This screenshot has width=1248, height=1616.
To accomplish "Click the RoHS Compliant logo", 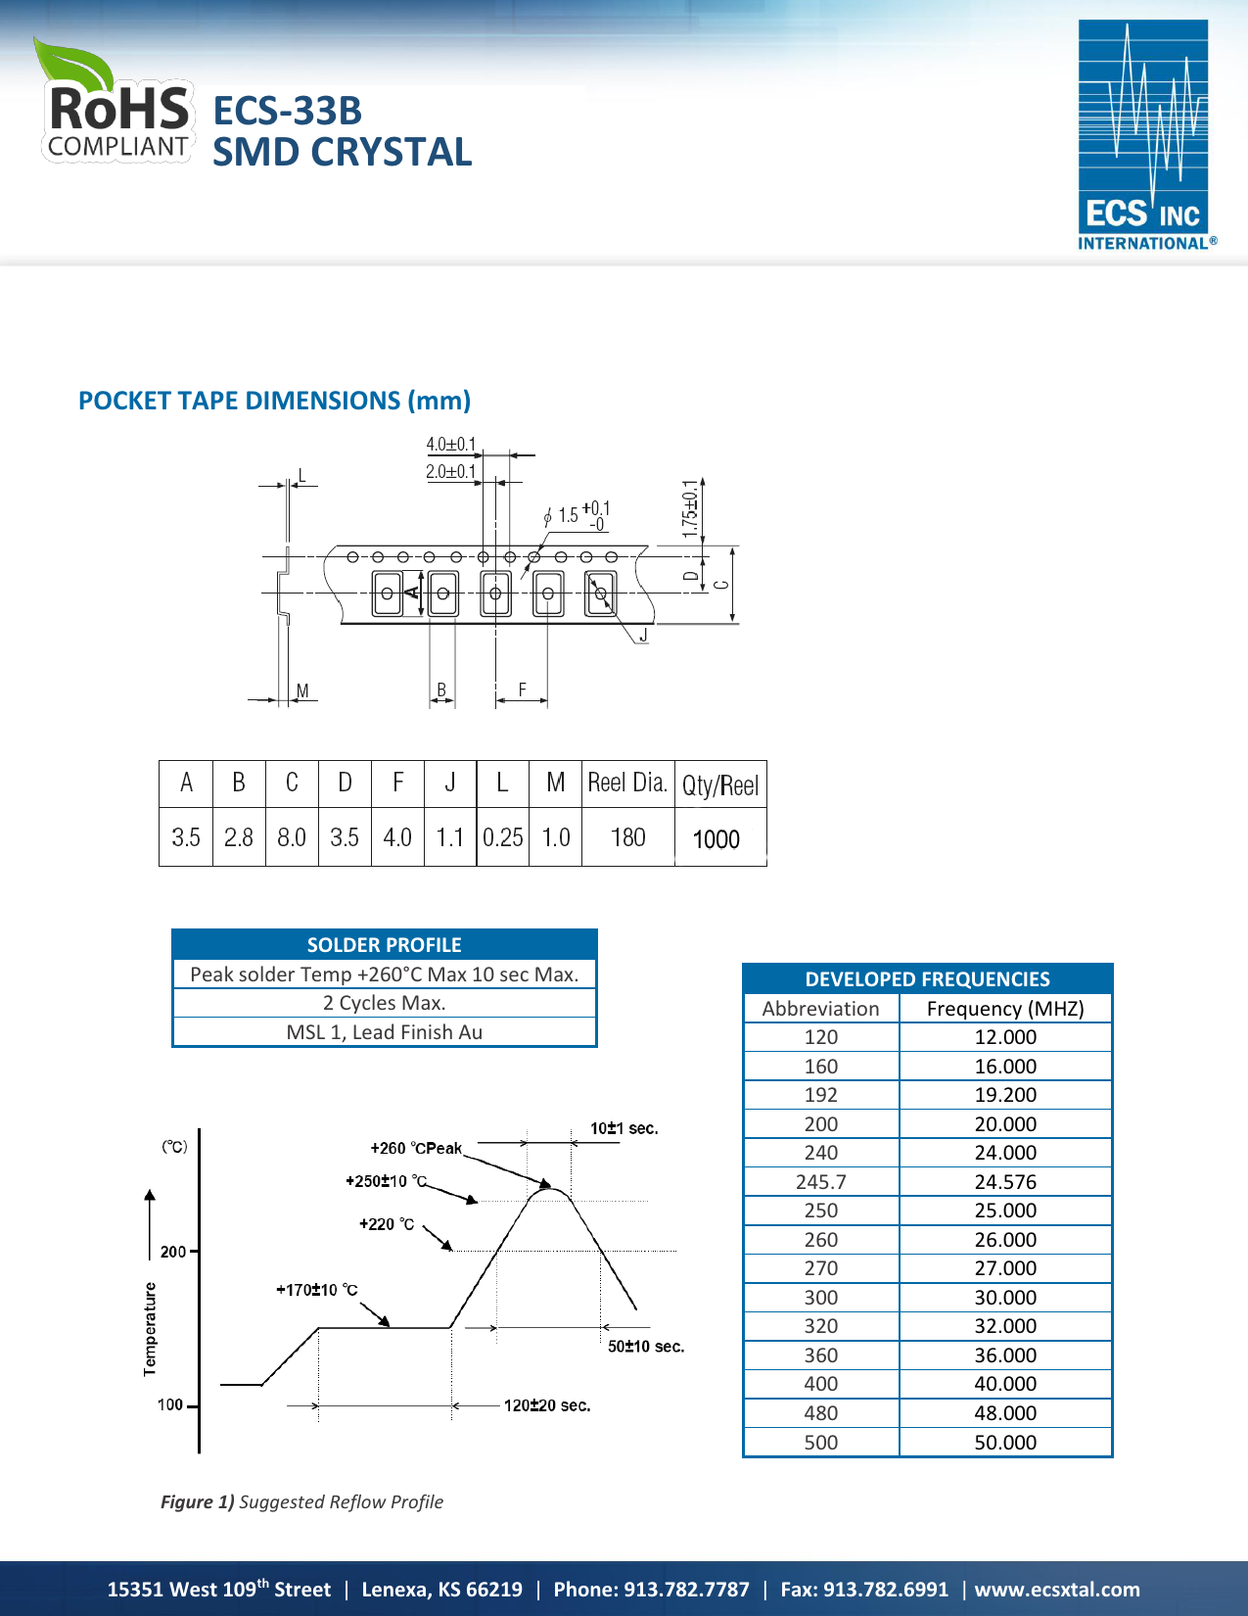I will click(x=116, y=103).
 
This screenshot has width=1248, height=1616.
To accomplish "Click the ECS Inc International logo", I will click(x=1143, y=135).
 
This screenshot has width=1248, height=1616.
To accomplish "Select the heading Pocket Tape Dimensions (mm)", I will click(x=274, y=401).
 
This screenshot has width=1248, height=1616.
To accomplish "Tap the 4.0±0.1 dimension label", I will click(x=450, y=445).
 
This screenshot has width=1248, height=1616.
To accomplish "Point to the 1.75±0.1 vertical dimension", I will click(x=690, y=508).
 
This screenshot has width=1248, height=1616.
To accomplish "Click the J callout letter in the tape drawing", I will click(x=643, y=636).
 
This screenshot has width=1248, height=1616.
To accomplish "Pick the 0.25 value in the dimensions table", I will click(x=502, y=838).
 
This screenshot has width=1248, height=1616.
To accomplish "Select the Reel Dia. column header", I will click(x=627, y=784).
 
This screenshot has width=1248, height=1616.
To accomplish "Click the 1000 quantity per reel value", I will click(x=716, y=839).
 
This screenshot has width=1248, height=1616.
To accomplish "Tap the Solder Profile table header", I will click(x=384, y=945).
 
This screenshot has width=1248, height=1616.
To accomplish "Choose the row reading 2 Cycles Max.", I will click(x=384, y=1003).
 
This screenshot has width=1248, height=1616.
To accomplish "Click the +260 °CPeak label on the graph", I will click(x=416, y=1148).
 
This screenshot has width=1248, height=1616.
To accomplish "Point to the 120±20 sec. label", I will click(x=547, y=1405).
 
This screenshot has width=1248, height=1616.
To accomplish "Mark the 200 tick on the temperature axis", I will click(x=172, y=1252).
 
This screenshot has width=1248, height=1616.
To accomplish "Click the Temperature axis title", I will click(x=150, y=1328).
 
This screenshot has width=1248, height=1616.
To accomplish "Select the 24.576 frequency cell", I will click(x=1005, y=1182).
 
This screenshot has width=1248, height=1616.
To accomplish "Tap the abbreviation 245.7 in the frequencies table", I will click(x=820, y=1182).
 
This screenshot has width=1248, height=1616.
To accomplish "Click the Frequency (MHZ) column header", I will click(x=1005, y=1009).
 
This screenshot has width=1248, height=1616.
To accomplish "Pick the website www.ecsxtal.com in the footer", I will click(x=1057, y=1590).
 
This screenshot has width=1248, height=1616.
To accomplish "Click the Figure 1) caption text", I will click(x=301, y=1502).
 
